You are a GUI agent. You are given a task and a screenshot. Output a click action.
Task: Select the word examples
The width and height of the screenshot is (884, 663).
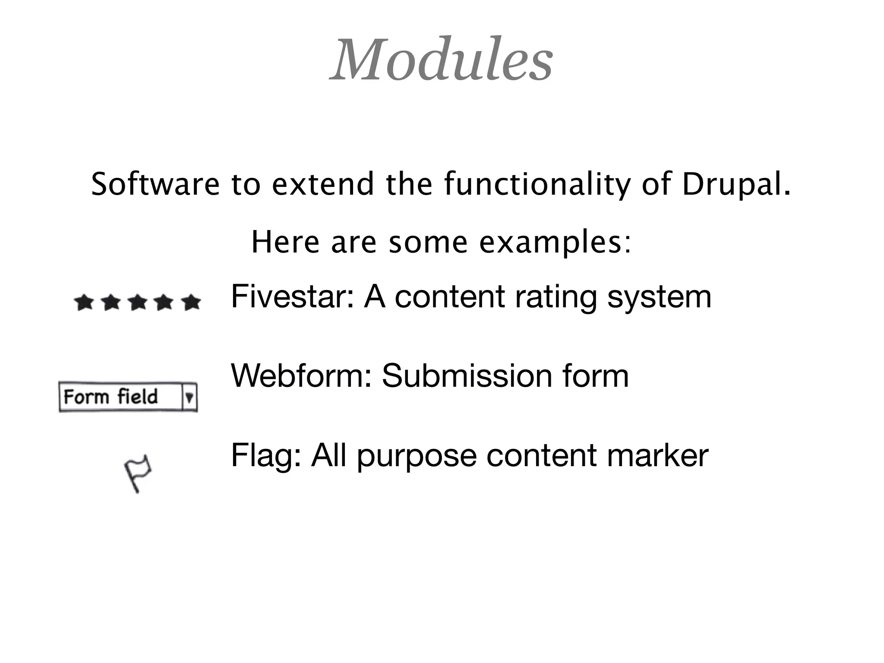pos(555,243)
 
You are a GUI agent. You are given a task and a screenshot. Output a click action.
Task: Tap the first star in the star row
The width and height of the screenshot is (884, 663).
pos(84,303)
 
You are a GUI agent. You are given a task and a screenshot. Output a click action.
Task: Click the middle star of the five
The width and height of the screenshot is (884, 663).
pos(138,303)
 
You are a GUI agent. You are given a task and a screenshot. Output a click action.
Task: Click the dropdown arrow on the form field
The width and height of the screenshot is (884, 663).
pos(189,397)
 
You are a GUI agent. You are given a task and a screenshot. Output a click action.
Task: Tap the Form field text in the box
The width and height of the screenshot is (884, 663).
pos(111,397)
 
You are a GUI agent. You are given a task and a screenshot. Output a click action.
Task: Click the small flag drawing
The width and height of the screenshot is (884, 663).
pos(138,473)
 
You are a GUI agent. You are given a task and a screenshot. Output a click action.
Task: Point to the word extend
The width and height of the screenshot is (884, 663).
pos(322,184)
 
